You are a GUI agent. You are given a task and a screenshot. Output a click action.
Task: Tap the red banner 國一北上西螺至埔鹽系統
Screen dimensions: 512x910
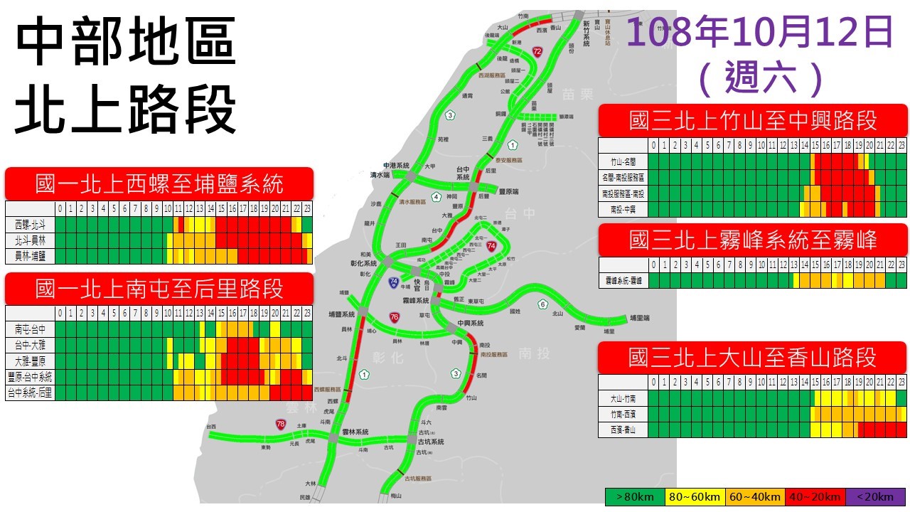[x=159, y=184]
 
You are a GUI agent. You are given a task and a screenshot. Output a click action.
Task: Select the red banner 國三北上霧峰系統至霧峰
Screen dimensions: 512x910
[x=754, y=240]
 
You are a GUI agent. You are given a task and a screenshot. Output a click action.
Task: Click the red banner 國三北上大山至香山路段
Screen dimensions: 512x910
[x=754, y=358]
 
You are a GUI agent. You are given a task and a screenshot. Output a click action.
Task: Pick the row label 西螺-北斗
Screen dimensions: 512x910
[x=30, y=225]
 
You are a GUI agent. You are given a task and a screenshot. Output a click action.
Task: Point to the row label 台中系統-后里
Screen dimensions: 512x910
[x=30, y=393]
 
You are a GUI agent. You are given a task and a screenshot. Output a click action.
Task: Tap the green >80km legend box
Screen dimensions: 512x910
[x=634, y=496]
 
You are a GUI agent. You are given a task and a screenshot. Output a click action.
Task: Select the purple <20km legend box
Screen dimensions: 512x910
[x=875, y=496]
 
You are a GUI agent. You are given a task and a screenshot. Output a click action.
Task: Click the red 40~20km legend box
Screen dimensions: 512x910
[x=815, y=496]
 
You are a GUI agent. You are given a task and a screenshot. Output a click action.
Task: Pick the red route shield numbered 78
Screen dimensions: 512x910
[x=282, y=424]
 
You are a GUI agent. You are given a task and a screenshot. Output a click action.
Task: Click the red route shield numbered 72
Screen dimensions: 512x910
[x=537, y=51]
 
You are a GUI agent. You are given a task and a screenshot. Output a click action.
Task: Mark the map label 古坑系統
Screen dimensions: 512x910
[x=431, y=442]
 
